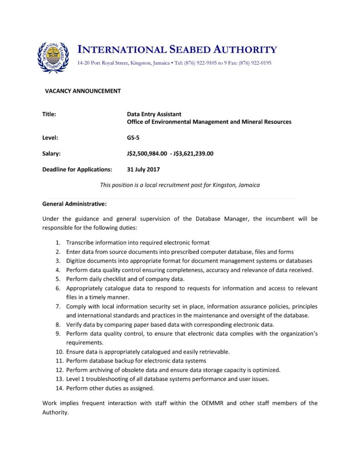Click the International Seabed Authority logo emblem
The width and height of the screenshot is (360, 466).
(53, 57)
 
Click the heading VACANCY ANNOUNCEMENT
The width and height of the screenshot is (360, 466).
(83, 91)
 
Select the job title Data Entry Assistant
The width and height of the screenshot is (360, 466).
(154, 114)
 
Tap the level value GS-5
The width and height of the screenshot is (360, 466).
(133, 137)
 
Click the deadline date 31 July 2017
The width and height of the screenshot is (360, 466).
(143, 169)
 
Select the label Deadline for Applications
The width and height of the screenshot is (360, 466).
(77, 169)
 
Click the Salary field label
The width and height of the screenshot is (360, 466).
(51, 153)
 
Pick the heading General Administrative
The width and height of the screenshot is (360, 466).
(74, 203)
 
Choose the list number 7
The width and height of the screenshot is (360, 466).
(58, 306)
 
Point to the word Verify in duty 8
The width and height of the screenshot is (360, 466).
(74, 324)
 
